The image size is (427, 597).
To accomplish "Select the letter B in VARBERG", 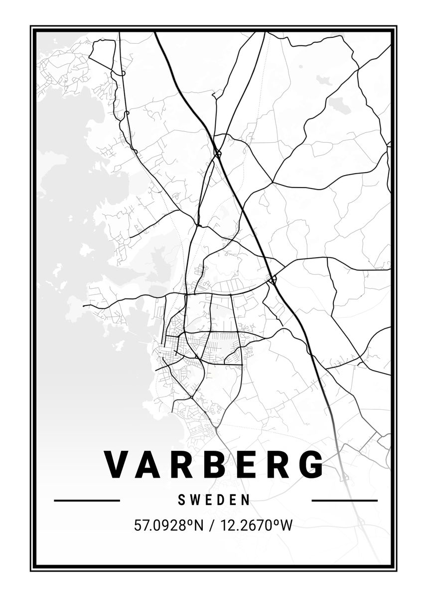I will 213,465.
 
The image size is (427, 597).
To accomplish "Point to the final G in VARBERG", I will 310,465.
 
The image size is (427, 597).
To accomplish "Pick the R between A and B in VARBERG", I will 181,465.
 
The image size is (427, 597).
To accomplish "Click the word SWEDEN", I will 214,500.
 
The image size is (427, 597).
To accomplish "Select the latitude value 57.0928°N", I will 169,525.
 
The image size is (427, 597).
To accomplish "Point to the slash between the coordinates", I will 212,525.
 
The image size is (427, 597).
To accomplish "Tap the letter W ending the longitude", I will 286,525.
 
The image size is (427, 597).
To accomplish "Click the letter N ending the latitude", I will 199,525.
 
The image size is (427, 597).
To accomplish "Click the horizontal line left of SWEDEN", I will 87,500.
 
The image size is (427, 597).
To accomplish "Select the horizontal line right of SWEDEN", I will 344,500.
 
